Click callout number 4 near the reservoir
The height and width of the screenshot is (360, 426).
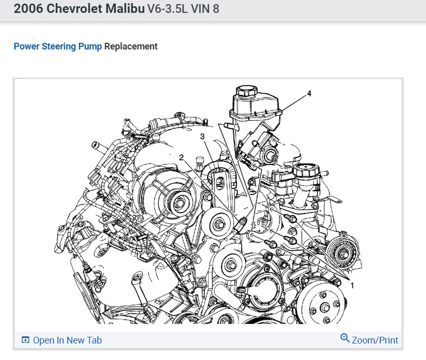tap(309, 93)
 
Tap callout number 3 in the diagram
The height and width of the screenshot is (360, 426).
tap(202, 137)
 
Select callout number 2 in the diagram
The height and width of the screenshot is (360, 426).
tap(181, 157)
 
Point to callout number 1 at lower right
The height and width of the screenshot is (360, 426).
tap(352, 285)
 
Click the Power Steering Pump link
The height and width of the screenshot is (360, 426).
tap(58, 46)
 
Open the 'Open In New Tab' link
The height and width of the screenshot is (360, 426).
tap(67, 340)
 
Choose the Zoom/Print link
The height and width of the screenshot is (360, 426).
tap(375, 340)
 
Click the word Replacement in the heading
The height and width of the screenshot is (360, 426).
tap(131, 46)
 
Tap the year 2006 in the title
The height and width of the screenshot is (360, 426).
tap(28, 8)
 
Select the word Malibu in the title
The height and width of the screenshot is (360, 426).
tap(125, 8)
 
